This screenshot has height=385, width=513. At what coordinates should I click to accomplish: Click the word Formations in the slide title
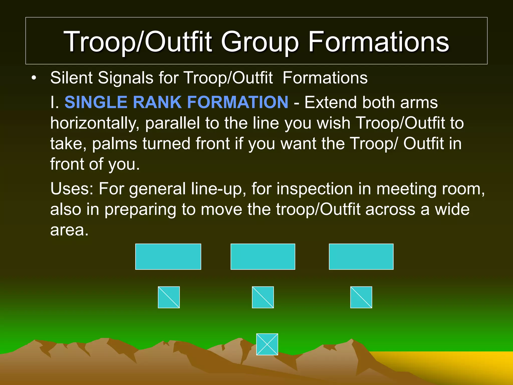pyautogui.click(x=378, y=42)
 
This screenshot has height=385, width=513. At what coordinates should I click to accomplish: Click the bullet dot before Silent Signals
pyautogui.click(x=34, y=78)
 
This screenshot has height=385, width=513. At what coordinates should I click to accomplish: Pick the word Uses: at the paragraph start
pyautogui.click(x=72, y=188)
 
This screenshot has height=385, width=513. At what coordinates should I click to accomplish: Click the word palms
pyautogui.click(x=114, y=144)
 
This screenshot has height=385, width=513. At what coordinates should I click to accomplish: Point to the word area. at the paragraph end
pyautogui.click(x=69, y=230)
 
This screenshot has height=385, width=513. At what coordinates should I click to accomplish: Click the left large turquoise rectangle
pyautogui.click(x=168, y=257)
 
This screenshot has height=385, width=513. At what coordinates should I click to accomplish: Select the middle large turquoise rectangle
pyautogui.click(x=263, y=257)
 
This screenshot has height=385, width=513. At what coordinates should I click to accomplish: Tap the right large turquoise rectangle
pyautogui.click(x=361, y=257)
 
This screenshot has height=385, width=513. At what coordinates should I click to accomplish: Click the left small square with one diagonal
pyautogui.click(x=169, y=297)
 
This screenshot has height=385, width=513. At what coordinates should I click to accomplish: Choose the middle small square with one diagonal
pyautogui.click(x=263, y=297)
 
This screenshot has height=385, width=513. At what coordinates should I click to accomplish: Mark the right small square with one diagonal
pyautogui.click(x=361, y=297)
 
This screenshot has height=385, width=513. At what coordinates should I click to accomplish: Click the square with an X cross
pyautogui.click(x=267, y=344)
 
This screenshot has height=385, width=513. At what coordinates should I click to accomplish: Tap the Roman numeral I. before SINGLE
pyautogui.click(x=54, y=102)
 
